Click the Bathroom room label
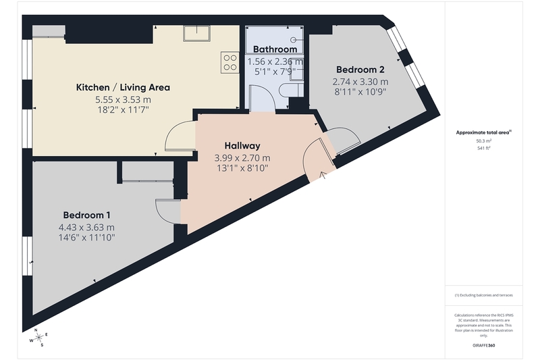[x=275, y=49]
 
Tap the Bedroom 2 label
[x=360, y=70]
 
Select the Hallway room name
[x=242, y=146]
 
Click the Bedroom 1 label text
[x=87, y=215]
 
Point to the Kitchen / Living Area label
[x=123, y=88]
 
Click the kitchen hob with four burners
[x=230, y=62]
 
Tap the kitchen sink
[x=196, y=33]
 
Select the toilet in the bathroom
[x=292, y=91]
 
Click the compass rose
[x=38, y=337]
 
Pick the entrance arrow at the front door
[x=323, y=176]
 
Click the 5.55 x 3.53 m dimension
[x=123, y=100]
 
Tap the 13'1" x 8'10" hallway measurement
[x=242, y=168]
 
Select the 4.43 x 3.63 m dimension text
[x=86, y=228]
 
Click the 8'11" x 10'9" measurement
[x=360, y=92]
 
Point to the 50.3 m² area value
[x=483, y=140]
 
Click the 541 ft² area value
[x=483, y=148]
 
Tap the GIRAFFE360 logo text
[x=483, y=346]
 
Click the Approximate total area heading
[x=483, y=132]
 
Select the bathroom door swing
[x=262, y=99]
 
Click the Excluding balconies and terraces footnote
[x=483, y=295]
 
